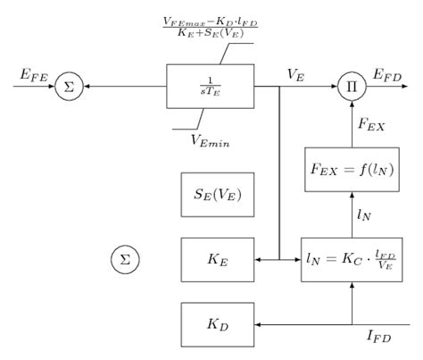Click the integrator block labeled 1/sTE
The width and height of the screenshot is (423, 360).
210,87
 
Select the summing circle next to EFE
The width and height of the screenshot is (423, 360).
65,87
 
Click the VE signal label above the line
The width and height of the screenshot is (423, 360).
296,76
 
